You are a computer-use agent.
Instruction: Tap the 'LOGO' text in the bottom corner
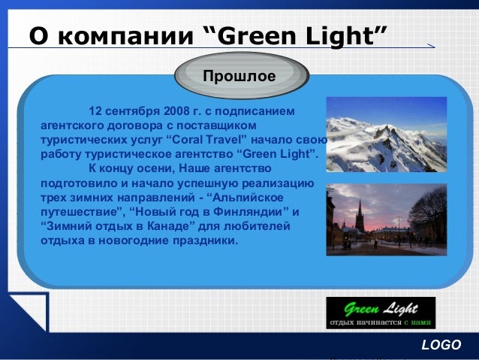[441, 345]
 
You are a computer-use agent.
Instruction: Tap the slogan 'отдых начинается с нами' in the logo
[379, 324]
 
